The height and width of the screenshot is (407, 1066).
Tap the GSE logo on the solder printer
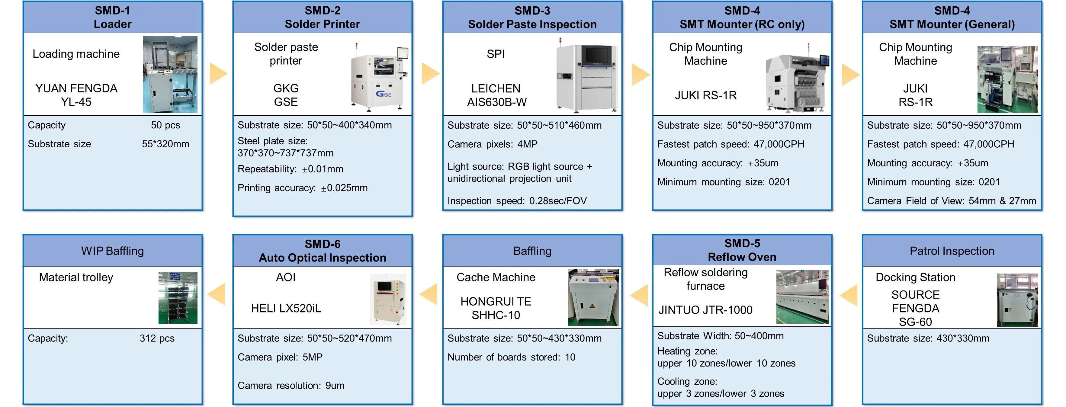click(383, 94)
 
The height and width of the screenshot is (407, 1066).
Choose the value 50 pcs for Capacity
click(165, 125)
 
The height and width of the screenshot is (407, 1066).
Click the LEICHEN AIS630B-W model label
click(496, 95)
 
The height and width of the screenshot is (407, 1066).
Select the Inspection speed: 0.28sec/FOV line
click(517, 200)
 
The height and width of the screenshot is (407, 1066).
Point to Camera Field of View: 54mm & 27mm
click(951, 200)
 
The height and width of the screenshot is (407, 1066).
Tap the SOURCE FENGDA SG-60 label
click(915, 308)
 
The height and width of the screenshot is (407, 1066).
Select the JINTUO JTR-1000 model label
click(705, 310)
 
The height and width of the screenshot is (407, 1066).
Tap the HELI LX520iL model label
click(286, 308)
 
